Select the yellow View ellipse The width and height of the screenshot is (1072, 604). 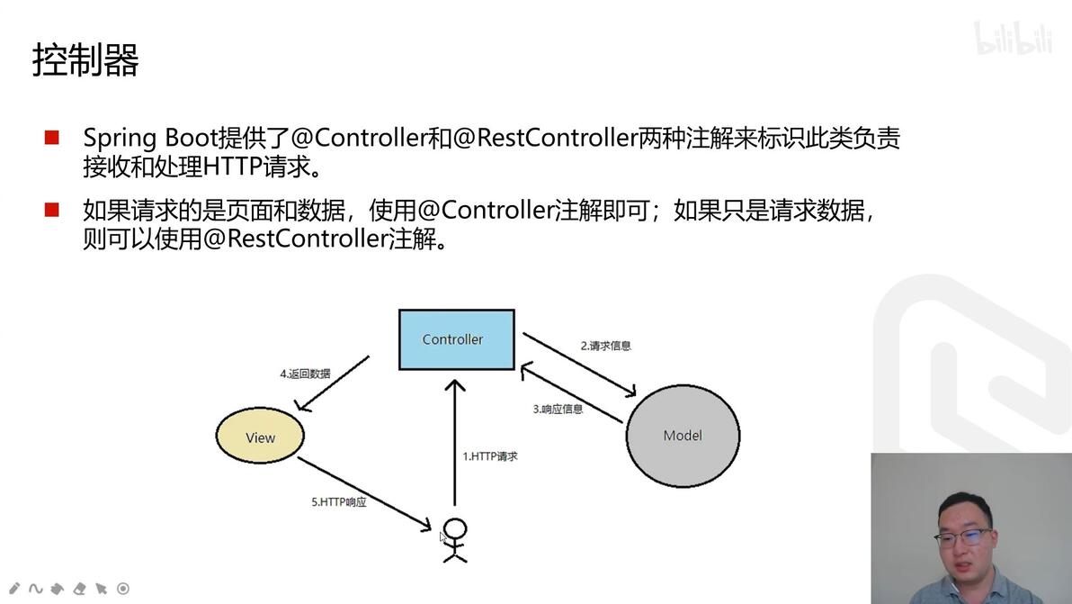260,437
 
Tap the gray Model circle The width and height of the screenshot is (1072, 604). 683,436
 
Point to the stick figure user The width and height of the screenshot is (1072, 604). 455,540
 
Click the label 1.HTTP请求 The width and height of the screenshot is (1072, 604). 489,456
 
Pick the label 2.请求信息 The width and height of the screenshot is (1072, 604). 605,345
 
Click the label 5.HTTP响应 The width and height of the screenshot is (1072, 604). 339,502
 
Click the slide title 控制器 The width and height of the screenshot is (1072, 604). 85,61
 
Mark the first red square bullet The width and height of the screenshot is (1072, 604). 52,138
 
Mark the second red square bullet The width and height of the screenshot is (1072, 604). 52,211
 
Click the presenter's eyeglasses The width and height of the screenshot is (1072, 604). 962,537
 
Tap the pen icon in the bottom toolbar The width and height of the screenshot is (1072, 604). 14,589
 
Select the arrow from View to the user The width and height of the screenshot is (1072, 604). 363,493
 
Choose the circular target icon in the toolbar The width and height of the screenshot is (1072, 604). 123,589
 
